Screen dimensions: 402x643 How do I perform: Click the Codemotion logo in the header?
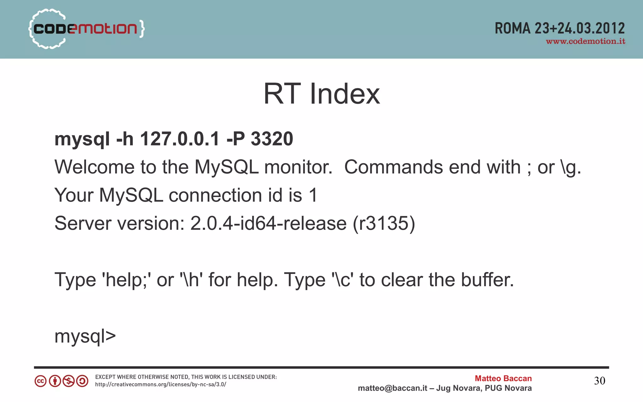point(86,29)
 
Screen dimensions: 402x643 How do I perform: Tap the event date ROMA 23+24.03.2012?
point(559,29)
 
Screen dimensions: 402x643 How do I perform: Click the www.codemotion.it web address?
point(586,41)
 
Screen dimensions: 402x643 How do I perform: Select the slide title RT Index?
point(321,94)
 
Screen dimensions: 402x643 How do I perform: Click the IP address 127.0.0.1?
point(180,139)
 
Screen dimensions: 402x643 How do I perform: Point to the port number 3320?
point(272,139)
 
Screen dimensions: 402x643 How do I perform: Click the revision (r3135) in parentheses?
point(384,223)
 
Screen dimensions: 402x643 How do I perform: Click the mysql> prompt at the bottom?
point(85,336)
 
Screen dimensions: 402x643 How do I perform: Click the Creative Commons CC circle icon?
point(41,381)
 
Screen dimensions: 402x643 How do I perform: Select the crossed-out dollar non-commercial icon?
point(68,381)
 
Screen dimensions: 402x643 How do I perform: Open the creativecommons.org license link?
point(160,384)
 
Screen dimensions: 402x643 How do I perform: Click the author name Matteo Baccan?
point(503,378)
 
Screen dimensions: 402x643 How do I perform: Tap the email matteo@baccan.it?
point(392,388)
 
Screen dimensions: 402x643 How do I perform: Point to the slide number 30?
point(599,381)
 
